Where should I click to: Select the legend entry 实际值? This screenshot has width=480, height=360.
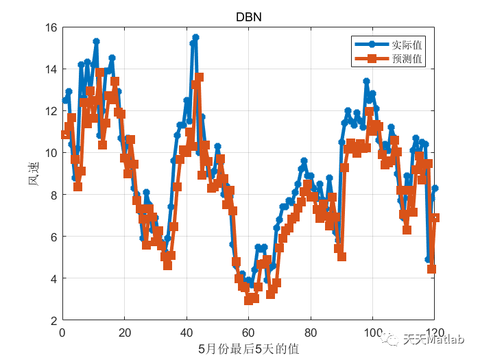(x=406, y=45)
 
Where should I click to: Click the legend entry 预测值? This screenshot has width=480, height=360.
(x=406, y=59)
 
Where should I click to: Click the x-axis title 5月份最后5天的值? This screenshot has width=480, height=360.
(x=248, y=349)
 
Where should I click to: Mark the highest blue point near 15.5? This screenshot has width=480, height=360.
(x=195, y=38)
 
